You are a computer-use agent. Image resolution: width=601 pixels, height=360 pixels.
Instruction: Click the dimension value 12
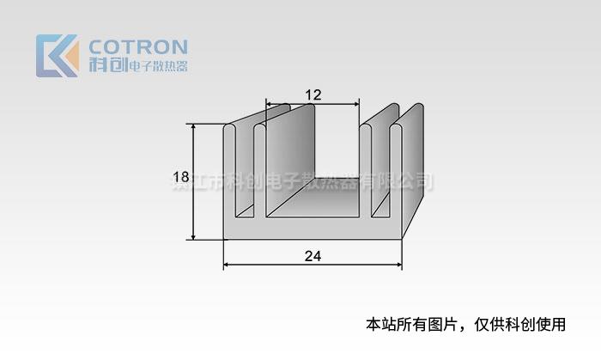click(x=313, y=95)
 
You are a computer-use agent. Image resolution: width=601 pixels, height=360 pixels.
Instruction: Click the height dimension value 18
click(x=180, y=179)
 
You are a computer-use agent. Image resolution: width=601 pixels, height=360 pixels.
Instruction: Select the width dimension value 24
click(x=313, y=255)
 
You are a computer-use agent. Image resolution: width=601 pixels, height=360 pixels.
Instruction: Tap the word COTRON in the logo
click(x=137, y=46)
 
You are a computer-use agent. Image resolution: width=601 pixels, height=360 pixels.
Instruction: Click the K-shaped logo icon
click(x=57, y=55)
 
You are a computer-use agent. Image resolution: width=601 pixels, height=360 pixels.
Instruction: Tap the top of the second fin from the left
click(x=260, y=128)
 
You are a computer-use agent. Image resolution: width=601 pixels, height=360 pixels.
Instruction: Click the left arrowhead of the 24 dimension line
click(x=227, y=265)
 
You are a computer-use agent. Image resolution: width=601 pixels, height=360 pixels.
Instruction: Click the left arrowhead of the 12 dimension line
click(x=268, y=105)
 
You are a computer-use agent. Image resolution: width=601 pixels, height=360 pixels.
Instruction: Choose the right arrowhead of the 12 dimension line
click(x=356, y=105)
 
